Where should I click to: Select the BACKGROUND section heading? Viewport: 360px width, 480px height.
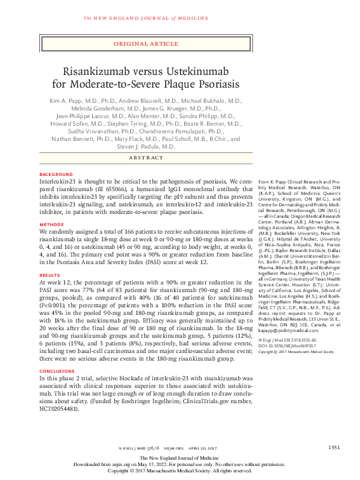coord(57,174)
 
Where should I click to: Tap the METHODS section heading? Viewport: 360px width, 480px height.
coord(51,224)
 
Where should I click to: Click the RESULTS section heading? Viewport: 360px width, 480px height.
coord(51,274)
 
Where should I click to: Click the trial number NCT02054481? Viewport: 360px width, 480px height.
coord(59,409)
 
